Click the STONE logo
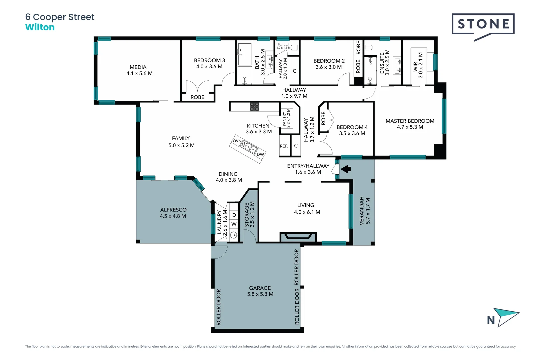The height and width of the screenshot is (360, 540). (x=483, y=24)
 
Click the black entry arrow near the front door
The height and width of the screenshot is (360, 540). (x=346, y=169)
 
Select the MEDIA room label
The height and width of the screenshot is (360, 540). (x=138, y=67)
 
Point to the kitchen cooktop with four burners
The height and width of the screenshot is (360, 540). (x=254, y=107)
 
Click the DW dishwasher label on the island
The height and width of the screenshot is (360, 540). (x=260, y=154)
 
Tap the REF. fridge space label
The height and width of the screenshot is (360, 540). (x=284, y=146)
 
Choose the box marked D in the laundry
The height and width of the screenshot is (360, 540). (x=234, y=215)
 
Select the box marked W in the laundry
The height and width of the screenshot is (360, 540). (x=234, y=224)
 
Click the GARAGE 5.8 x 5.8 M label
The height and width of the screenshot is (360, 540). (x=260, y=291)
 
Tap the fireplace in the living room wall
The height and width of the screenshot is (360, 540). (x=298, y=237)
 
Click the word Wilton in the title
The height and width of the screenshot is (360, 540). (x=40, y=27)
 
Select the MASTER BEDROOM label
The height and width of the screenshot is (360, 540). (x=410, y=121)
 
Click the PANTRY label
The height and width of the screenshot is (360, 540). (x=284, y=119)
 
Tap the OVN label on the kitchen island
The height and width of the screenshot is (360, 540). (x=237, y=141)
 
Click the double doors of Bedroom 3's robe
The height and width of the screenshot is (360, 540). (x=197, y=86)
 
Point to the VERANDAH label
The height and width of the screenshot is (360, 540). (x=362, y=211)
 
